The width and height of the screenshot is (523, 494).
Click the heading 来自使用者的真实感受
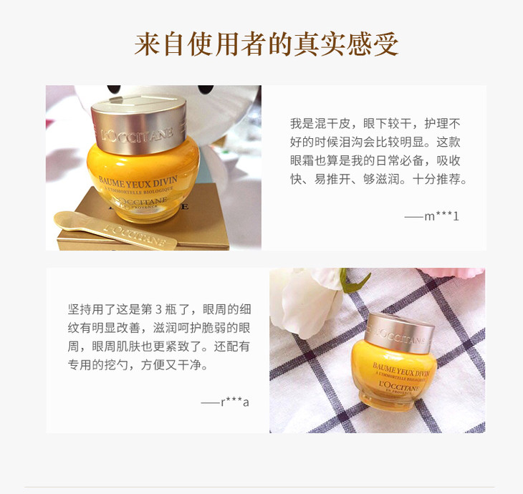266,44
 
